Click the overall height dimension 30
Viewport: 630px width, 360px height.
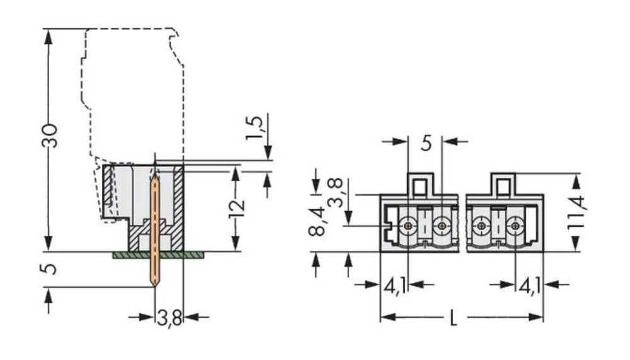click(x=50, y=136)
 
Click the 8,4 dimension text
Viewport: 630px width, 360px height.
click(x=317, y=220)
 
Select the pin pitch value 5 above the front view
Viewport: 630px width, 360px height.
click(x=426, y=143)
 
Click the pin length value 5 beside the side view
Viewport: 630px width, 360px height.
click(x=50, y=269)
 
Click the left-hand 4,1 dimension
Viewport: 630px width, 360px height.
click(x=396, y=287)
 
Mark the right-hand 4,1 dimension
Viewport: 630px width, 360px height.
click(x=529, y=287)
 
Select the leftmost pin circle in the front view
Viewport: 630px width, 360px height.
click(x=408, y=225)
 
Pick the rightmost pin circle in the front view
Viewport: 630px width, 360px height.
click(x=515, y=225)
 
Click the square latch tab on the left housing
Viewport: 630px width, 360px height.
click(x=420, y=185)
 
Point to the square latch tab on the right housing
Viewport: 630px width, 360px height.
click(x=503, y=185)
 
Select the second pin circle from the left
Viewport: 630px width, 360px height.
click(x=442, y=225)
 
